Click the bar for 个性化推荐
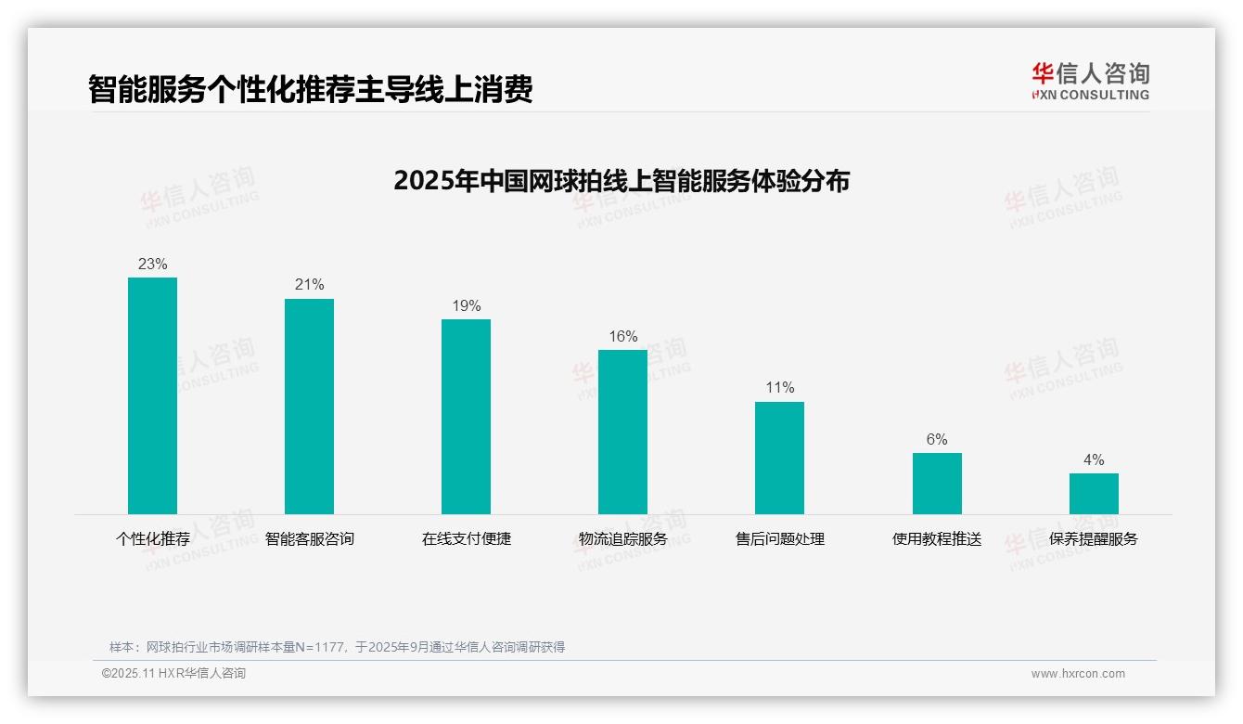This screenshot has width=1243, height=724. (x=152, y=395)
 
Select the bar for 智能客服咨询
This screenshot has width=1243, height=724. (x=309, y=406)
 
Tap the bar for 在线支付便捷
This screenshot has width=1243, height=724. (x=466, y=416)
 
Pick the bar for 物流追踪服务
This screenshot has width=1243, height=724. (x=622, y=432)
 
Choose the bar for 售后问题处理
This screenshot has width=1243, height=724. (x=779, y=458)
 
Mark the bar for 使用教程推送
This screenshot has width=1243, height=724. (x=937, y=483)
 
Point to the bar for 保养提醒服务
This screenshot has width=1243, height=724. (x=1094, y=493)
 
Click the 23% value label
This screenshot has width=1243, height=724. (x=152, y=264)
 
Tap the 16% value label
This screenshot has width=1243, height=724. (x=622, y=336)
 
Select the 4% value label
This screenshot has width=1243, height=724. (x=1094, y=459)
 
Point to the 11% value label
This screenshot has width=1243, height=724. (x=779, y=387)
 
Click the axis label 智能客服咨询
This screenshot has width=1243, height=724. (x=309, y=538)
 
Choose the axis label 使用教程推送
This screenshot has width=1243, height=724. (x=937, y=538)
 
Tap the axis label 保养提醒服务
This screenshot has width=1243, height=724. (x=1094, y=538)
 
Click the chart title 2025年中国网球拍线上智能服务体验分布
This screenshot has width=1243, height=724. (x=621, y=180)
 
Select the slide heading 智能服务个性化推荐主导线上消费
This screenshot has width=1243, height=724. (x=310, y=89)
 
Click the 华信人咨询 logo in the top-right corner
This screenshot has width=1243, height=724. (x=1090, y=81)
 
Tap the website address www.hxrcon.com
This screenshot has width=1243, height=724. (x=1078, y=674)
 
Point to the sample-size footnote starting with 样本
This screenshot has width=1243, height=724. (x=337, y=647)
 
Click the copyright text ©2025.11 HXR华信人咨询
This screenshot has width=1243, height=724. (x=173, y=674)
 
